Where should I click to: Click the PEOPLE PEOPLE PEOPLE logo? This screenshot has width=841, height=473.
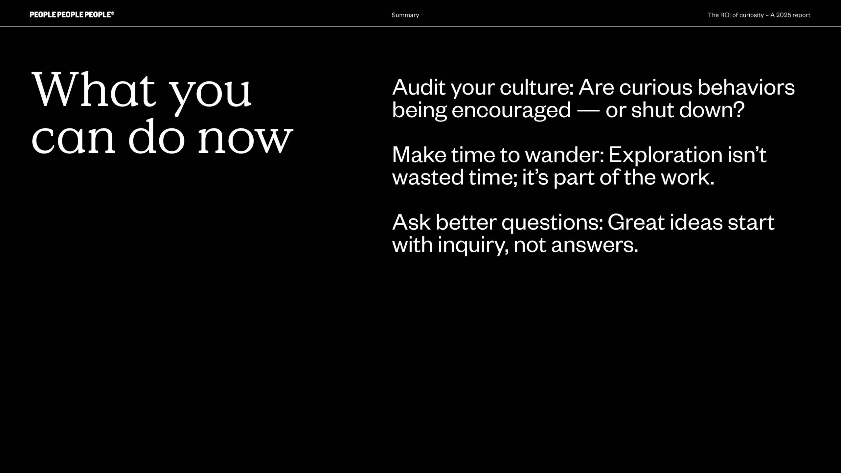72,14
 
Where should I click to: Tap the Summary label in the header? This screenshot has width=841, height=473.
405,15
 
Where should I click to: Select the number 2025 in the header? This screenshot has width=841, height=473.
784,15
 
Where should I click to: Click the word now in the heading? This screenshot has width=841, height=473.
245,138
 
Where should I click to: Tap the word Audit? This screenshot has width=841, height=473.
419,87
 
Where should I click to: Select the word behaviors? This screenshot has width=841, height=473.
746,87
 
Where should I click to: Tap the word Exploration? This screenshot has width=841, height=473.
665,155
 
